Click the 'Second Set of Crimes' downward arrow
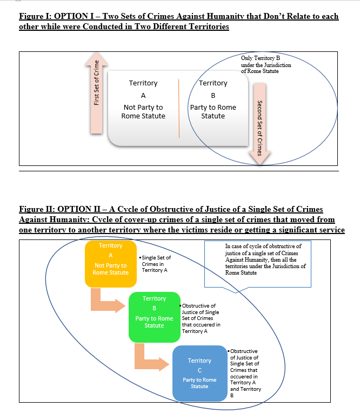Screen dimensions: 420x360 click(259, 122)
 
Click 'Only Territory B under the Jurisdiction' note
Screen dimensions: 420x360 click(266, 64)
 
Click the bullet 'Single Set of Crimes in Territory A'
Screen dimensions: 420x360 click(156, 264)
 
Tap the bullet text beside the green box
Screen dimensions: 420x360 click(201, 319)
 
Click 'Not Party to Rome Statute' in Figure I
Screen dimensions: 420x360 click(143, 112)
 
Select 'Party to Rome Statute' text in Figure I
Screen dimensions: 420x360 click(213, 112)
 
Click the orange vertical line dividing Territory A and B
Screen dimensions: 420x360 click(178, 108)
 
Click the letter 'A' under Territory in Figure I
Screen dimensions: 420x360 click(143, 96)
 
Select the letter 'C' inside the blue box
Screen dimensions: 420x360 click(199, 370)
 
